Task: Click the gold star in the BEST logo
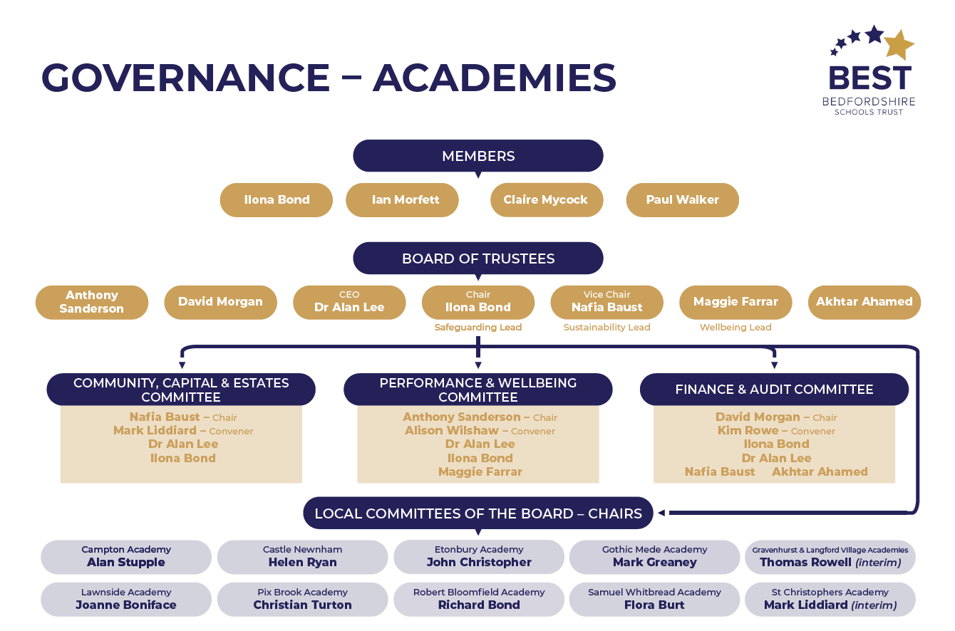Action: pos(899,45)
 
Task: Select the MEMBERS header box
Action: pos(478,156)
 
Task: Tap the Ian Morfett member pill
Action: pos(403,200)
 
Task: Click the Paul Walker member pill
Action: pos(682,200)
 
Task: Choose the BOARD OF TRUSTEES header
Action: pos(478,259)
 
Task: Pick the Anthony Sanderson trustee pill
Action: pos(92,302)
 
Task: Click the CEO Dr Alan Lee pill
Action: pos(349,302)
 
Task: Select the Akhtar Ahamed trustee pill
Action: pos(864,302)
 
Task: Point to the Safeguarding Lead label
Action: pos(478,328)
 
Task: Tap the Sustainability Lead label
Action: pos(607,328)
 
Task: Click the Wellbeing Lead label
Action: pos(735,328)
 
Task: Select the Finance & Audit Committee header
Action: pos(774,390)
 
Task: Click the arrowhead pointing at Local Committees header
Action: pos(661,513)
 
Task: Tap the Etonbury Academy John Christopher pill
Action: pos(479,556)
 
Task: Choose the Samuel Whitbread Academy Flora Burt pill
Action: pos(654,599)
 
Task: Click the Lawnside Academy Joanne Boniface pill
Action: pos(126,599)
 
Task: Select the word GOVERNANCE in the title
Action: pos(185,78)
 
